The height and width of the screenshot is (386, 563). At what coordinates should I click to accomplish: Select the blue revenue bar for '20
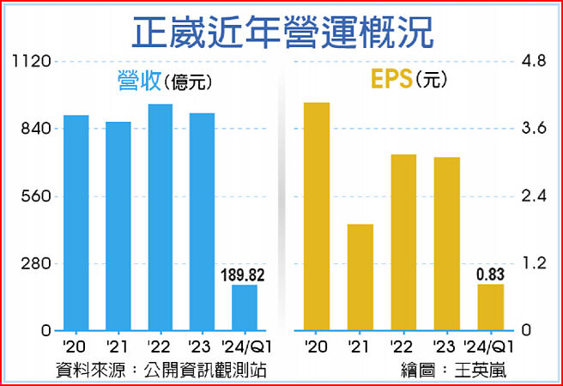(x=76, y=223)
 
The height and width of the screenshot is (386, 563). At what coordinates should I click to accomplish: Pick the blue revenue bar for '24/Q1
(x=245, y=308)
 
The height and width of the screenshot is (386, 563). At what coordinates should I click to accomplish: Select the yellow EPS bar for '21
(x=360, y=277)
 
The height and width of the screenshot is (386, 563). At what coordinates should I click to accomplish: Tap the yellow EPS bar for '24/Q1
(x=490, y=307)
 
